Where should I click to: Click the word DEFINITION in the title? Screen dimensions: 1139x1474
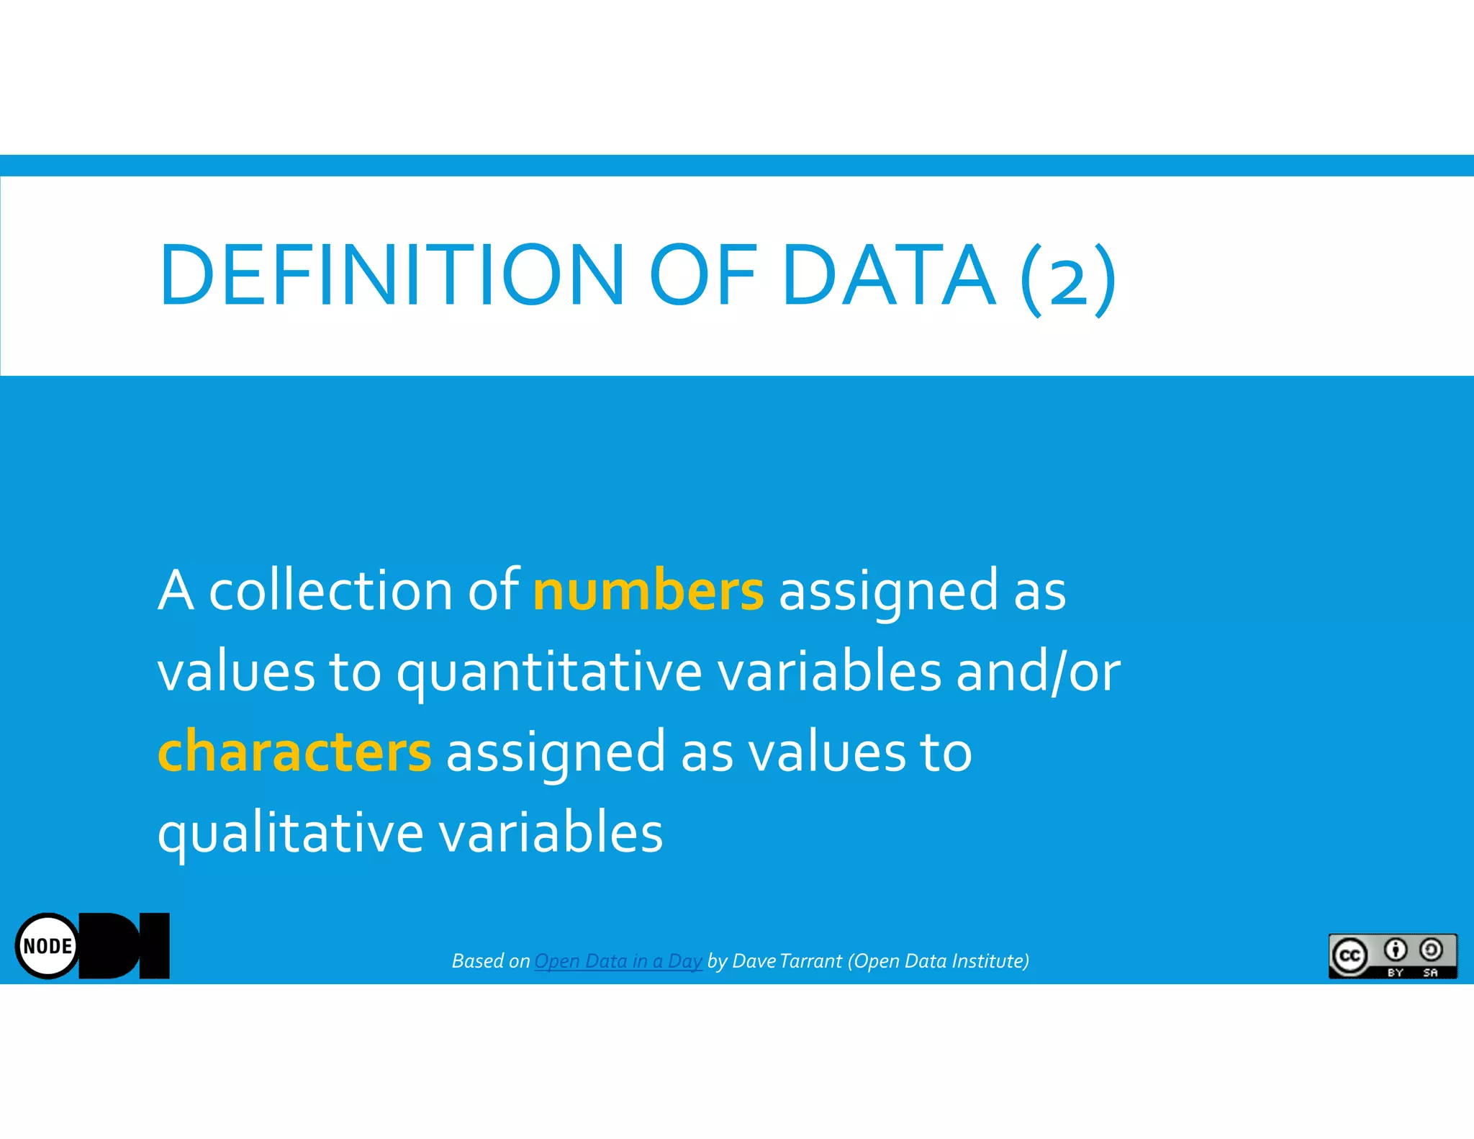click(392, 275)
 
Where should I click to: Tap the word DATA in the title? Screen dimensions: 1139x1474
click(889, 275)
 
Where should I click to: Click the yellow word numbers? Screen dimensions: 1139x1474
click(648, 590)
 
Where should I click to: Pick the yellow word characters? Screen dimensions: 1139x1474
click(294, 752)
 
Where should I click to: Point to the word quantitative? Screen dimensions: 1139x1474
click(549, 672)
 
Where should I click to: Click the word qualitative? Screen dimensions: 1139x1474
click(290, 834)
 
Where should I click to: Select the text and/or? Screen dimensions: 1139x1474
click(1038, 672)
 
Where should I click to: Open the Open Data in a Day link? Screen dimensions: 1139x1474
click(618, 961)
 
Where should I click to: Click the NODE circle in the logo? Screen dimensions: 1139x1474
click(48, 946)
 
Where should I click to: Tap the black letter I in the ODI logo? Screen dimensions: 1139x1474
click(155, 945)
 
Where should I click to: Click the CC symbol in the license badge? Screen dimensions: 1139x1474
click(1349, 955)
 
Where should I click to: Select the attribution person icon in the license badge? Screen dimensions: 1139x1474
click(1395, 950)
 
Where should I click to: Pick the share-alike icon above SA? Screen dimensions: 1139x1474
click(1431, 950)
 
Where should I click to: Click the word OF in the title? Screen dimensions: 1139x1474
click(702, 275)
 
